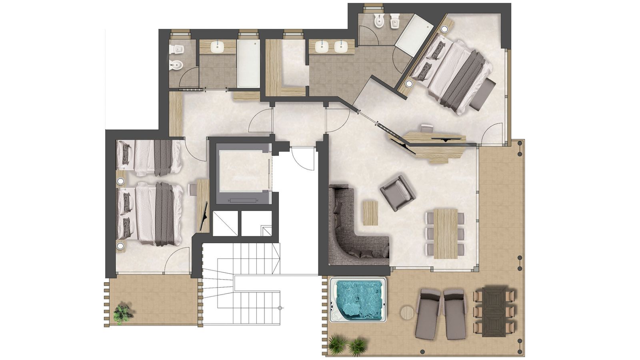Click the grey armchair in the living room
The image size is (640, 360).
point(397,192)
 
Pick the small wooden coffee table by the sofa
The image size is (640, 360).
point(370,213)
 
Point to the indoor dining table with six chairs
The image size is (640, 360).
point(445,233)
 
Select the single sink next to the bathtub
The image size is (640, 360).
point(218,47)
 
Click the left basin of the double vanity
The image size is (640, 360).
point(322,47)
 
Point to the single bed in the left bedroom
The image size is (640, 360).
point(148,158)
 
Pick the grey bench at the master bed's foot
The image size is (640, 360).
point(483,94)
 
